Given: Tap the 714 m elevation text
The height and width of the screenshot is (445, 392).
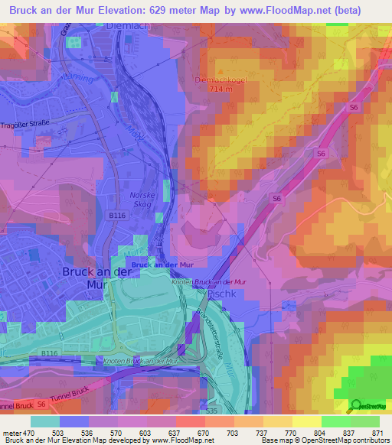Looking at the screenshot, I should point(221,89).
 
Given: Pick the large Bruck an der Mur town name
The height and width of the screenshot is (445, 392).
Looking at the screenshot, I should point(96,278).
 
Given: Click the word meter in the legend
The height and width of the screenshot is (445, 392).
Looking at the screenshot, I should point(11,432).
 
